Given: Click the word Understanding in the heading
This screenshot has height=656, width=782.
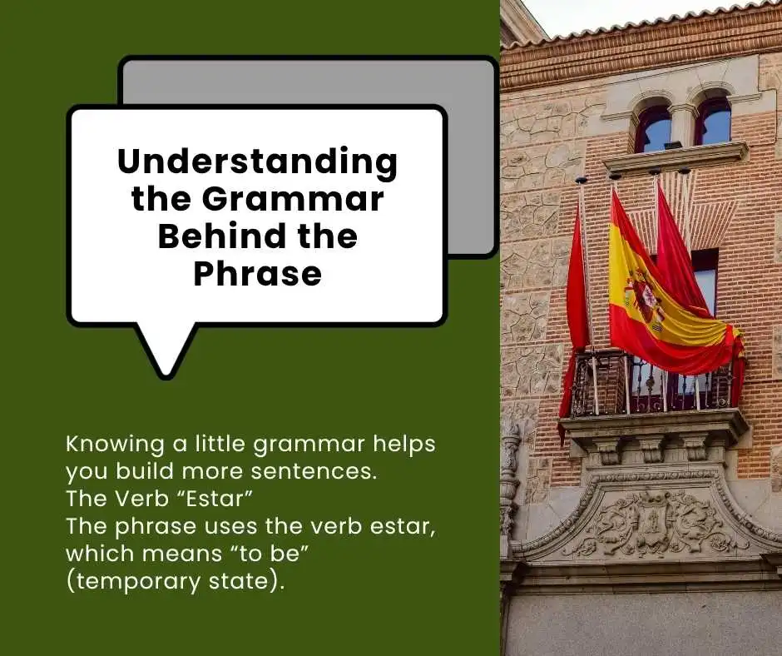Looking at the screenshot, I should (x=257, y=161).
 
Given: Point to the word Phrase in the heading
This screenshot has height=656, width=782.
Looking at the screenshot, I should (x=257, y=273).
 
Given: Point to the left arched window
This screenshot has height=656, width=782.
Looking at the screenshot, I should (x=653, y=129).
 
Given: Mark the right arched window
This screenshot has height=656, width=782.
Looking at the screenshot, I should (x=712, y=122).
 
